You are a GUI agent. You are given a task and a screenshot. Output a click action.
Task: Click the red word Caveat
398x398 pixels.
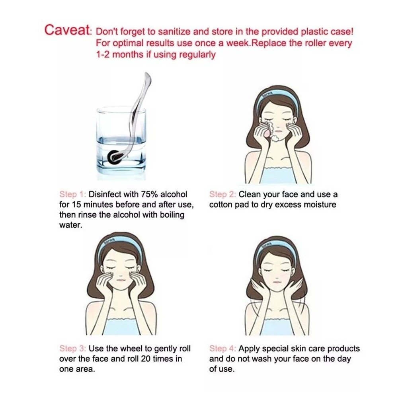pyautogui.click(x=67, y=30)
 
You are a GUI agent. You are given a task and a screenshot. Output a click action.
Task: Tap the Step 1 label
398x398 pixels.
pyautogui.click(x=73, y=194)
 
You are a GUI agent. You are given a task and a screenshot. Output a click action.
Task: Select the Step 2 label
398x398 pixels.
pyautogui.click(x=222, y=194)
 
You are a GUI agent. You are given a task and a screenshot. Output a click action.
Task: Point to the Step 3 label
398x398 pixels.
pyautogui.click(x=73, y=349)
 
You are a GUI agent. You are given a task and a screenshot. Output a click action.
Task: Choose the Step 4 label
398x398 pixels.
pyautogui.click(x=222, y=349)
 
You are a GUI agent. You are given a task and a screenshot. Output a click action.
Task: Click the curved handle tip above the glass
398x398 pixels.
pyautogui.click(x=148, y=76)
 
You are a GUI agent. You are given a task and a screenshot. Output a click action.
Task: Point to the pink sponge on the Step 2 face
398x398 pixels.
pyautogui.click(x=267, y=130)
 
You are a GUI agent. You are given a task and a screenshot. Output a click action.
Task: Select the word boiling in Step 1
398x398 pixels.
pyautogui.click(x=172, y=215)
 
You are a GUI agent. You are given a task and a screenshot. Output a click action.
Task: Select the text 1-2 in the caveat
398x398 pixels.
pyautogui.click(x=102, y=54)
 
